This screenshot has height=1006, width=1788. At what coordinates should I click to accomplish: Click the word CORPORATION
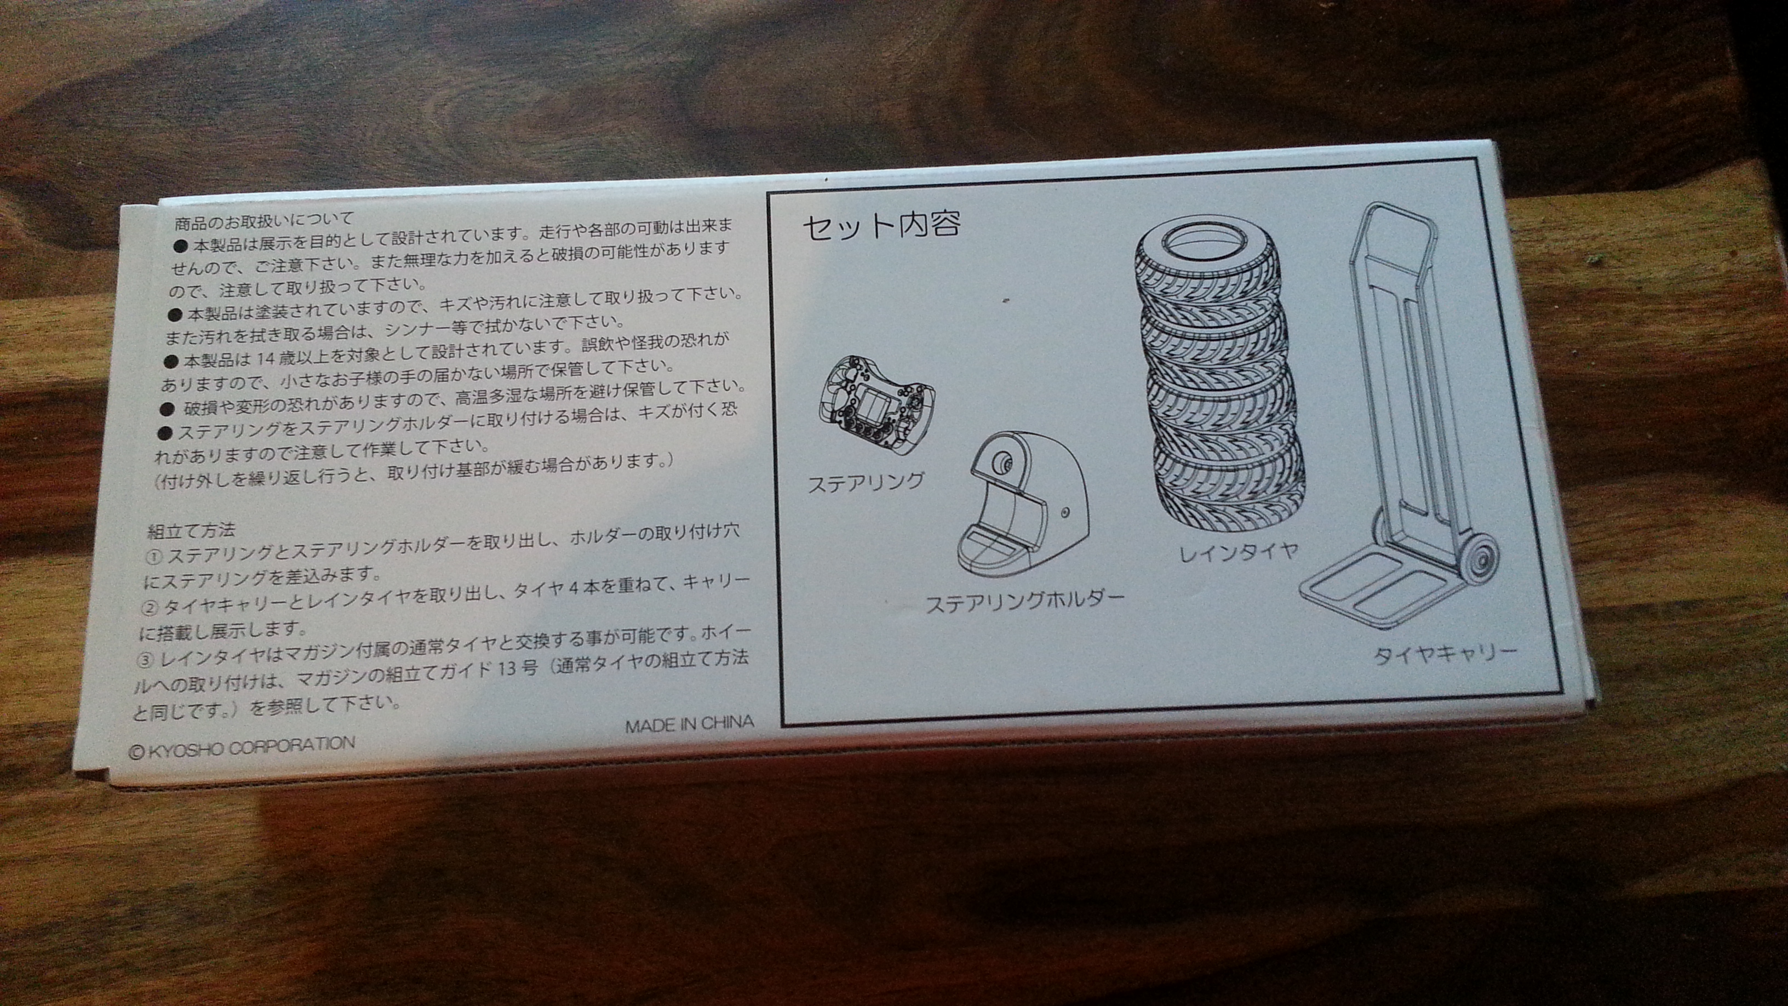click(292, 745)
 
